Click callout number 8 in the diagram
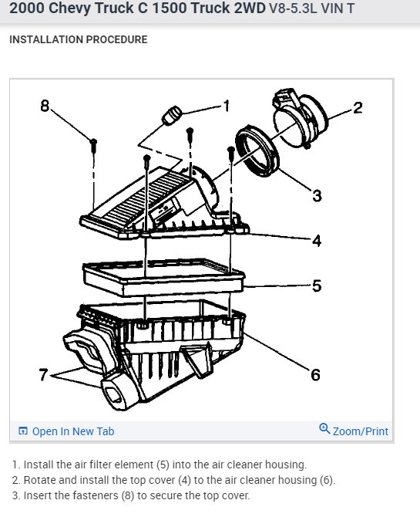pos(45,106)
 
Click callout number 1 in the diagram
pos(227,106)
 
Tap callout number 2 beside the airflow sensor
pos(358,108)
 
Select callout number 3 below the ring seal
pos(317,195)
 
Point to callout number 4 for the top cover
pos(317,241)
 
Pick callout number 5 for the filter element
pos(317,286)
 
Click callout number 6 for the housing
pos(315,375)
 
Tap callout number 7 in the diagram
pos(43,374)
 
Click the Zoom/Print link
pos(361,431)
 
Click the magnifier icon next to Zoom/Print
pos(324,428)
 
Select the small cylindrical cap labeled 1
pos(171,116)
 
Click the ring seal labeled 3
pos(257,151)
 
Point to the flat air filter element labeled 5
pos(163,277)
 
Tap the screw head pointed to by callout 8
pos(93,142)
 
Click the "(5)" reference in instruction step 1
pos(163,465)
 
